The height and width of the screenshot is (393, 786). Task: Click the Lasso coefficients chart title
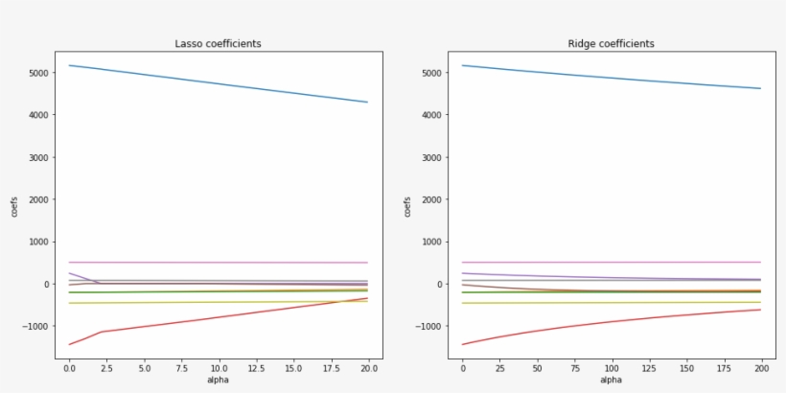[218, 44]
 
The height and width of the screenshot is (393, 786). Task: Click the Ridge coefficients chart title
[611, 44]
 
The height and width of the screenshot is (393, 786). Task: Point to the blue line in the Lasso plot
[218, 83]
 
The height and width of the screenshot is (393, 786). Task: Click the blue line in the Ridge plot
[611, 77]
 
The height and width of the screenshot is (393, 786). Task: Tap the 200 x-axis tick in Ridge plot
[760, 367]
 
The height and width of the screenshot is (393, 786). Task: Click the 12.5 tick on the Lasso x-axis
[256, 367]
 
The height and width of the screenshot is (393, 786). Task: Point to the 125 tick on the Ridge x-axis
[648, 367]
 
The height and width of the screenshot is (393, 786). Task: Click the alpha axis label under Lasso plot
[218, 380]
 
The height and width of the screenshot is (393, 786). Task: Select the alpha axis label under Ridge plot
[611, 380]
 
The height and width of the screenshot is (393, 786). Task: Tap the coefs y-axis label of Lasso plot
[14, 205]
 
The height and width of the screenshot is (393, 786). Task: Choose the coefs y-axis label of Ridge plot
[406, 205]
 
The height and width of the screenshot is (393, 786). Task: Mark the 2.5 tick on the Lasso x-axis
[105, 367]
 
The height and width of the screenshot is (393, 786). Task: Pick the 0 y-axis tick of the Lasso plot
[47, 285]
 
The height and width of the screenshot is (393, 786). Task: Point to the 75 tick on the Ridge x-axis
[574, 367]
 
